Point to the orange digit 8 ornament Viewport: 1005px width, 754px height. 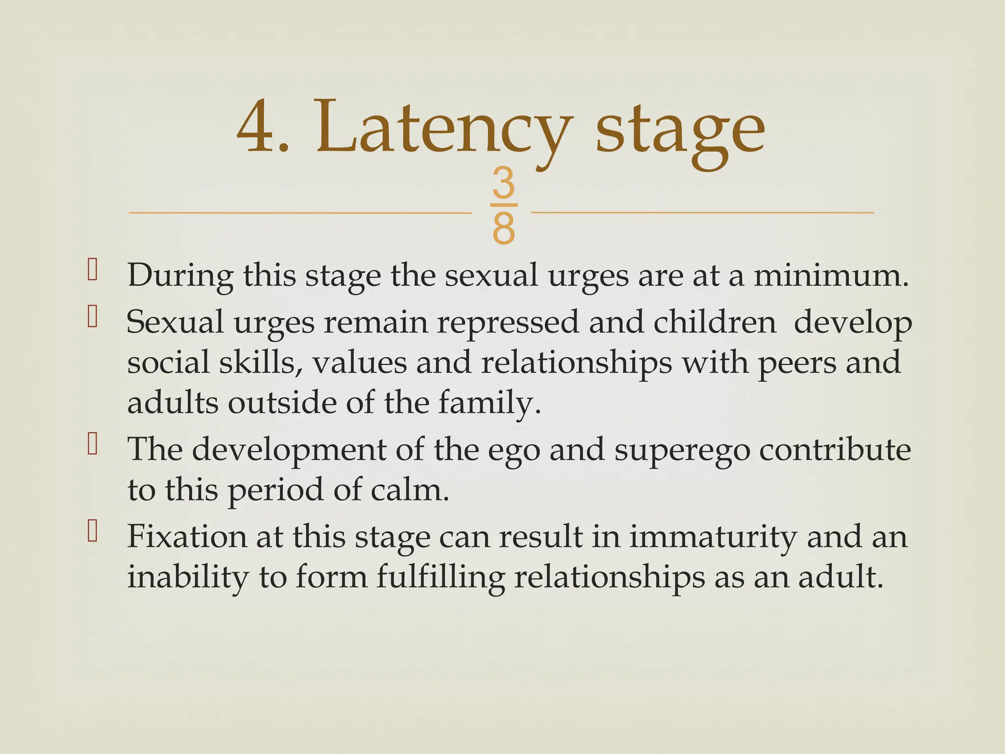tap(503, 228)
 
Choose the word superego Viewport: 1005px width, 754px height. tap(682, 450)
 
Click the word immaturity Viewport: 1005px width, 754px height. tap(713, 537)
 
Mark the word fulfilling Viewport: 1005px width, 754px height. tap(441, 577)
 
